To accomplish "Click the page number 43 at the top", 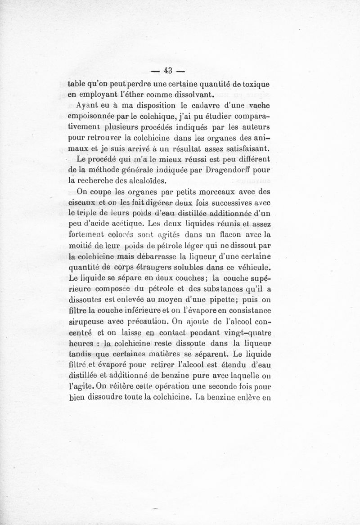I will (169, 71).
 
